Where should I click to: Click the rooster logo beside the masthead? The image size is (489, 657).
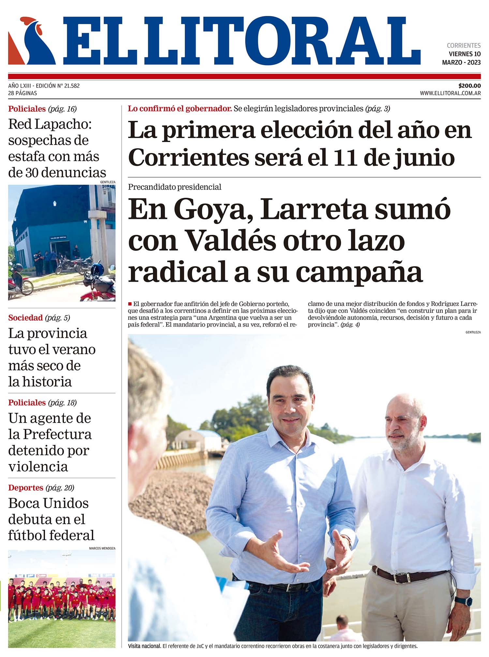[x=32, y=41]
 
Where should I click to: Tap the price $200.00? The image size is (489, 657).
[x=469, y=86]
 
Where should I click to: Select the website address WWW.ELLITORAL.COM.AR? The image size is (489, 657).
[x=450, y=93]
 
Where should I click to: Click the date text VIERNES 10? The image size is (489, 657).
[x=465, y=54]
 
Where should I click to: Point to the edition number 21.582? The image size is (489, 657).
[x=72, y=86]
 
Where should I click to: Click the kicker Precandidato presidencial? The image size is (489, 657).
[x=174, y=187]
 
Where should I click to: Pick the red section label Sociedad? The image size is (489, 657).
[x=25, y=318]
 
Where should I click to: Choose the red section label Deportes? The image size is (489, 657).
[x=26, y=488]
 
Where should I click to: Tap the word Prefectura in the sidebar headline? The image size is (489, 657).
[x=57, y=435]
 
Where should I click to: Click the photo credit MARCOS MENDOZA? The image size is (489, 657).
[x=102, y=548]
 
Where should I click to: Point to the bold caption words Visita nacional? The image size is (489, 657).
[x=144, y=646]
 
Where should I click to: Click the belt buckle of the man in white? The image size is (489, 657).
[x=400, y=578]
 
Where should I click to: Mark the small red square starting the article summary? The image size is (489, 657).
[x=130, y=304]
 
